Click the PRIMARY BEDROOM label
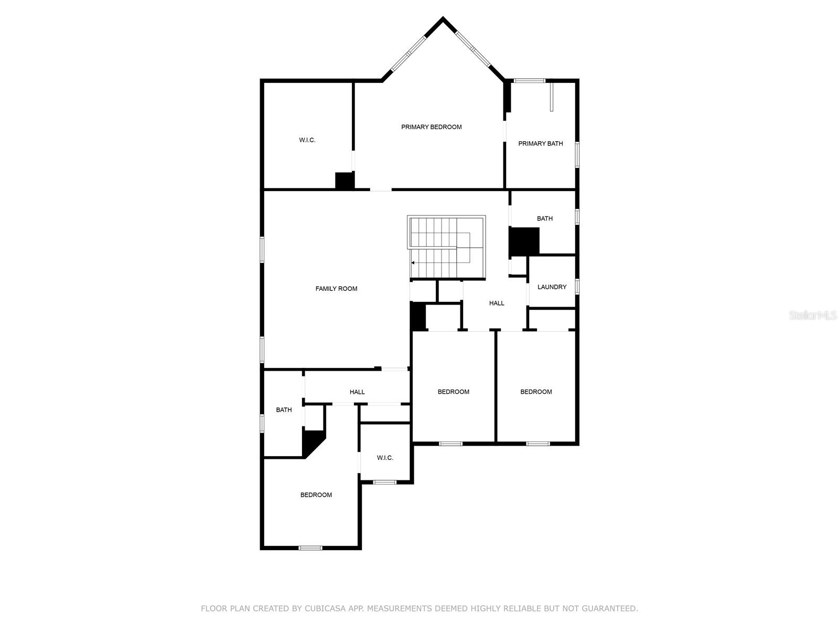pyautogui.click(x=431, y=127)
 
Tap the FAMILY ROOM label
pyautogui.click(x=336, y=289)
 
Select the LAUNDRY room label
pyautogui.click(x=552, y=287)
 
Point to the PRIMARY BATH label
pyautogui.click(x=540, y=143)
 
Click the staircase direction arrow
pyautogui.click(x=413, y=262)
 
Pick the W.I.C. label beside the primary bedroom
pyautogui.click(x=307, y=140)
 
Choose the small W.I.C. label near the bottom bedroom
pyautogui.click(x=385, y=458)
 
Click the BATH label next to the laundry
pyautogui.click(x=544, y=218)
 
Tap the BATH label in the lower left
pyautogui.click(x=284, y=410)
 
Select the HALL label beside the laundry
pyautogui.click(x=497, y=303)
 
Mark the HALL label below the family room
pyautogui.click(x=357, y=392)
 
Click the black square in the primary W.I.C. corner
pyautogui.click(x=345, y=181)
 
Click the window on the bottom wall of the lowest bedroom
pyautogui.click(x=310, y=548)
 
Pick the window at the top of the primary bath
pyautogui.click(x=529, y=81)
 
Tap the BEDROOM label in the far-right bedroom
pyautogui.click(x=536, y=392)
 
